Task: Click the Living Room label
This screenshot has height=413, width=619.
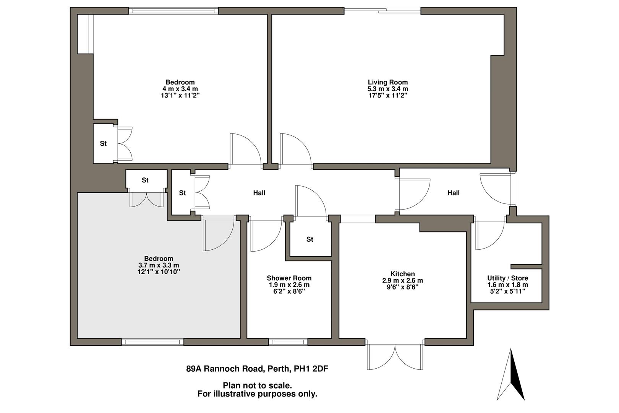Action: pos(387,82)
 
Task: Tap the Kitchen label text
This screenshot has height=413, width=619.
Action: pos(402,274)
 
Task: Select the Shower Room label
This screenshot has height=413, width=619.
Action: pos(289,278)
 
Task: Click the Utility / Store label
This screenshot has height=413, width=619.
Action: pos(507,278)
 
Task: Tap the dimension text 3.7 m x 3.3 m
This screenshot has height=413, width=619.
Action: pos(159,265)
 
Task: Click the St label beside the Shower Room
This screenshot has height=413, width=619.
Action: pos(309,239)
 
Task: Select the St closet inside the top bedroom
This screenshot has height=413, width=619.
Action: pos(103,144)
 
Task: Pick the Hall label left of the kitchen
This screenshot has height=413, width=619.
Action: pos(259,193)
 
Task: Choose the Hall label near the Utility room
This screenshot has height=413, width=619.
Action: pos(453,193)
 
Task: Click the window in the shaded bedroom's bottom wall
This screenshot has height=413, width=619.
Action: pos(152,341)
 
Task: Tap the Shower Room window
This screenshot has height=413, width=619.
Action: pos(288,341)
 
